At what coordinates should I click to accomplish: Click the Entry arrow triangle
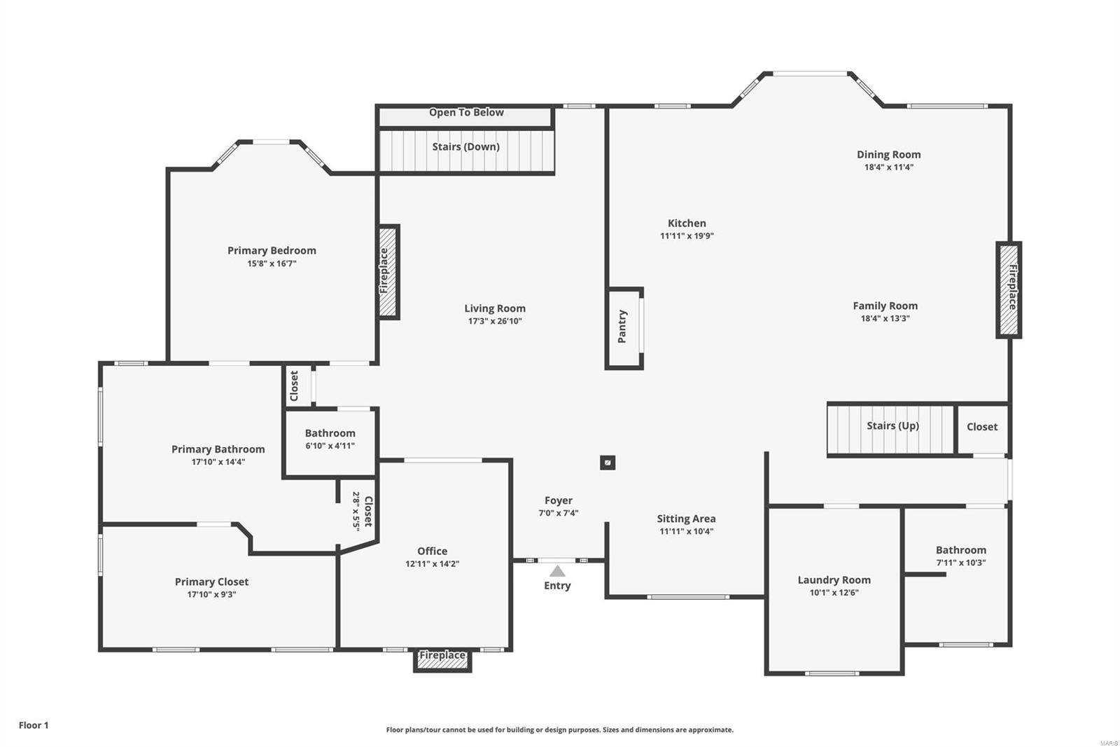point(557,571)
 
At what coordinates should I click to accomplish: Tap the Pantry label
point(622,327)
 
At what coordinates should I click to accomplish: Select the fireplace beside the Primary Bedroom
point(388,272)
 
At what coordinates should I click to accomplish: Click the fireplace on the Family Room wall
point(1009,289)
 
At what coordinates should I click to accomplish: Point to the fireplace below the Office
point(442,659)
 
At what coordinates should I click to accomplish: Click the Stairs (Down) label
point(465,146)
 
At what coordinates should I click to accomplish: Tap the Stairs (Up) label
point(892,425)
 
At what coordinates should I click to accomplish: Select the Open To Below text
point(466,112)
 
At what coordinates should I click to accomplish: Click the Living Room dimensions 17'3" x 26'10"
point(495,321)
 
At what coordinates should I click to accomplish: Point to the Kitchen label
point(687,223)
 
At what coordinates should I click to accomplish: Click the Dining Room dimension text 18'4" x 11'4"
point(888,167)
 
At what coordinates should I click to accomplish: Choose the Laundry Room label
point(834,580)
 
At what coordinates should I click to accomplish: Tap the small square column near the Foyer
point(608,462)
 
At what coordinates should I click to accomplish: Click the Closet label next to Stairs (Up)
point(982,427)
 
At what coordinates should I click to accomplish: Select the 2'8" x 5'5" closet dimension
point(356,511)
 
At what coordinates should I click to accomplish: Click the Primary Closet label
point(211,582)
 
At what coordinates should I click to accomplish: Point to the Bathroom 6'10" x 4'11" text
point(330,446)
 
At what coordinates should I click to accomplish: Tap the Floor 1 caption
point(34,725)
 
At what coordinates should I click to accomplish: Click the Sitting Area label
point(686,519)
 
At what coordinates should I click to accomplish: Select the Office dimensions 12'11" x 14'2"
point(432,563)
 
